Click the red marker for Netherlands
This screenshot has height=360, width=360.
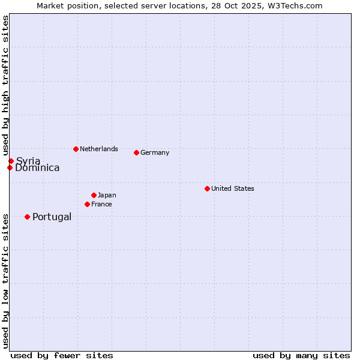coord(76,149)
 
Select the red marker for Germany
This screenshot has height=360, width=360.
coord(136,152)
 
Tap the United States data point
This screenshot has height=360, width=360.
coord(207,188)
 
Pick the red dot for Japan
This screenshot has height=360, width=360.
coord(94,195)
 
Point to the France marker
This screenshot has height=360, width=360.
coord(87,204)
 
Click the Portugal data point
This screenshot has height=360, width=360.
coord(27,217)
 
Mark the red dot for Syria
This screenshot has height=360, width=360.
coord(11,161)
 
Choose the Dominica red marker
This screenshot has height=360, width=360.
coord(10,167)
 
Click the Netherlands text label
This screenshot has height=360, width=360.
coord(99,149)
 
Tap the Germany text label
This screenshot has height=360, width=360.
coord(155,152)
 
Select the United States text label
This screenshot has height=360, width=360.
coord(233,188)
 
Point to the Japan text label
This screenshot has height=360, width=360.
coord(107,195)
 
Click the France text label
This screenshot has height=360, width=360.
coord(101,204)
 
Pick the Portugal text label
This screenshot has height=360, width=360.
coord(52,217)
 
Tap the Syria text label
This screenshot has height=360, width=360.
coord(28,161)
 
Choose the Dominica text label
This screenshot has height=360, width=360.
coord(37,168)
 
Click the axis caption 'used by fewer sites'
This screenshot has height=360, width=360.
coord(62,355)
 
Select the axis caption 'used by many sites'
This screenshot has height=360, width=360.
coord(301,355)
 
